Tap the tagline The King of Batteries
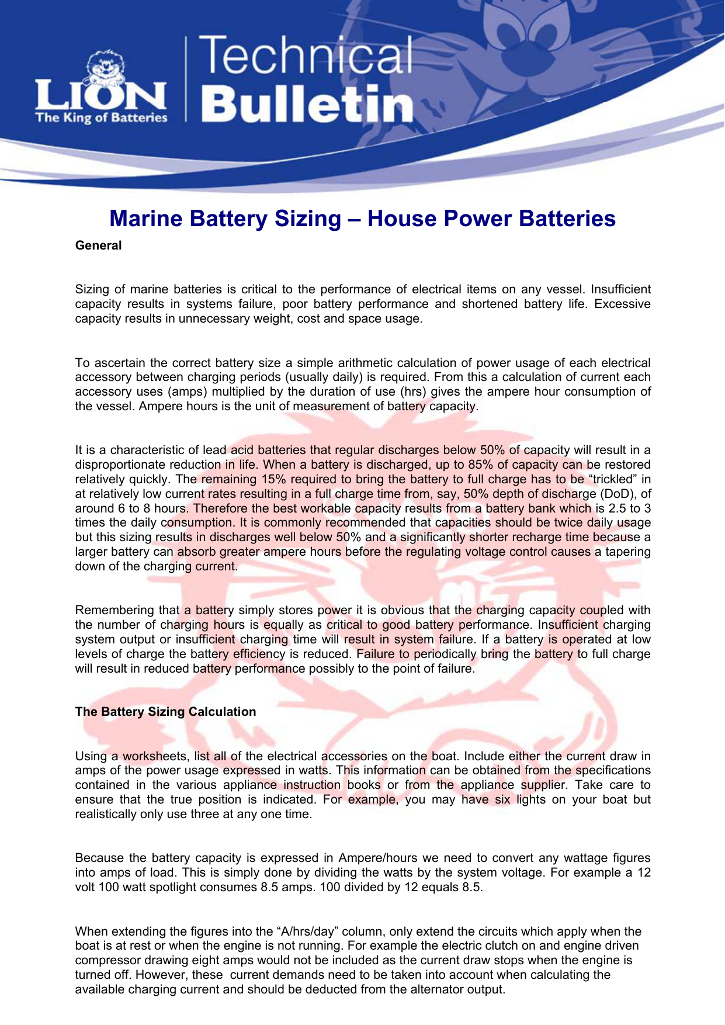click(101, 118)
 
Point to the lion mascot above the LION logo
click(105, 67)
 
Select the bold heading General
click(98, 245)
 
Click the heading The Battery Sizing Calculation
click(165, 712)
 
